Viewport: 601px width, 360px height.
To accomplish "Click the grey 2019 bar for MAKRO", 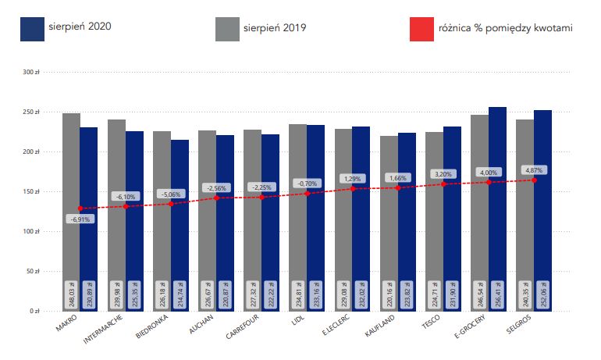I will pos(71,195).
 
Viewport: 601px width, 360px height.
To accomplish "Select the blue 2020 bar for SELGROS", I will pos(542,195).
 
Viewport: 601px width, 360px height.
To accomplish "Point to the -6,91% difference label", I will pos(80,219).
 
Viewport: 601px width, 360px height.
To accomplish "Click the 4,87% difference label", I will pos(533,169).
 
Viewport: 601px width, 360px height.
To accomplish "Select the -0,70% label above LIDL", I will pos(306,183).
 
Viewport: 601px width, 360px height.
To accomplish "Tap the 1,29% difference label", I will pos(352,179).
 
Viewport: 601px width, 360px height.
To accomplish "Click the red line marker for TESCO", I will pos(443,184).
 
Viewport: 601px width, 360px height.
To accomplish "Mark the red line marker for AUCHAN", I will pos(215,198).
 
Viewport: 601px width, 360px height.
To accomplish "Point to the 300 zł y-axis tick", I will pos(31,72).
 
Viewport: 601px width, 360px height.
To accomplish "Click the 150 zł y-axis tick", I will pos(31,191).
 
